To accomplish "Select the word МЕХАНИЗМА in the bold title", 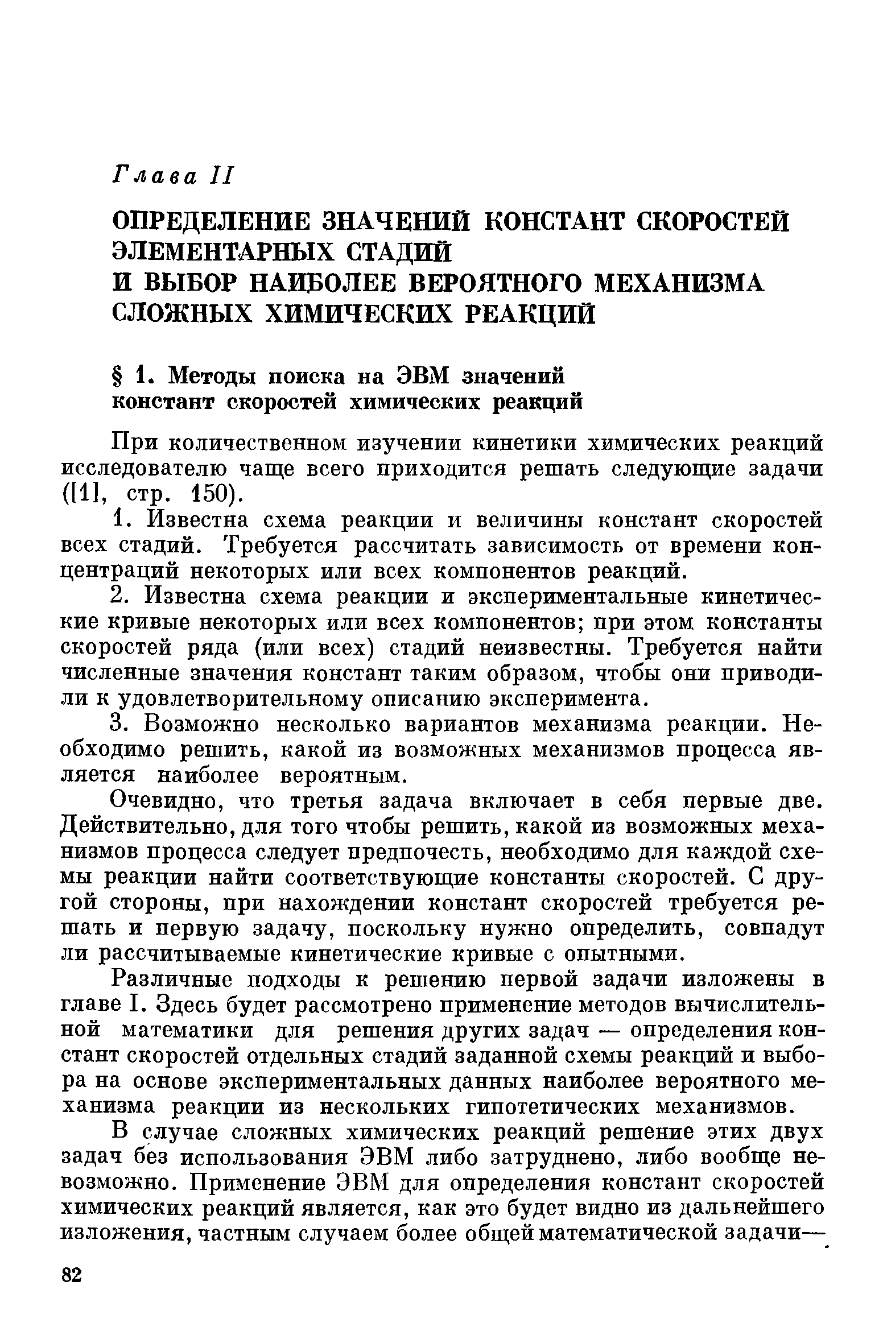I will [x=678, y=283].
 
